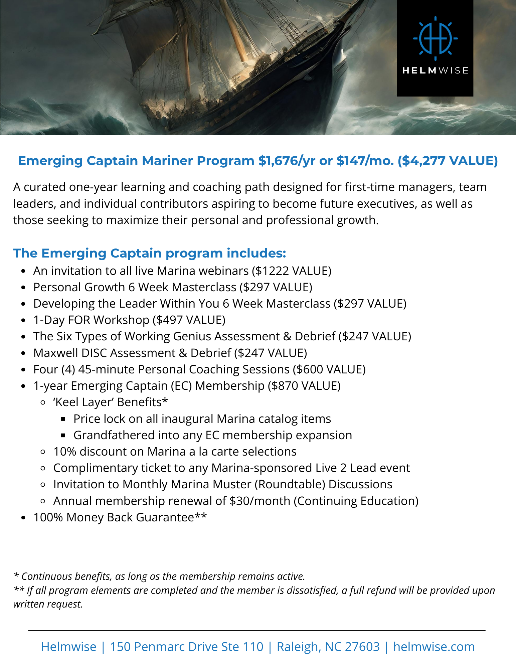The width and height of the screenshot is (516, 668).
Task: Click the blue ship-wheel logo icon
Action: click(435, 38)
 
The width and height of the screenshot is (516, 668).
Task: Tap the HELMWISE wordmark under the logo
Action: click(435, 70)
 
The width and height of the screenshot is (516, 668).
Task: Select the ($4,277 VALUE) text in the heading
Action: click(448, 161)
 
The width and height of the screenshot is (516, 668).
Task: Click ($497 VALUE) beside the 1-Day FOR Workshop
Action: click(189, 320)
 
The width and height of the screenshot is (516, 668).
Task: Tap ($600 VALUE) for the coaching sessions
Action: click(329, 369)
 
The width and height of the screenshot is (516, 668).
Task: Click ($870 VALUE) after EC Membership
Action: click(304, 386)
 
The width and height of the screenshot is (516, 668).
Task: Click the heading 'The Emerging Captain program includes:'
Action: click(150, 253)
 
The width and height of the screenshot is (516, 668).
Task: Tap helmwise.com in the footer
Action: click(434, 647)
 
